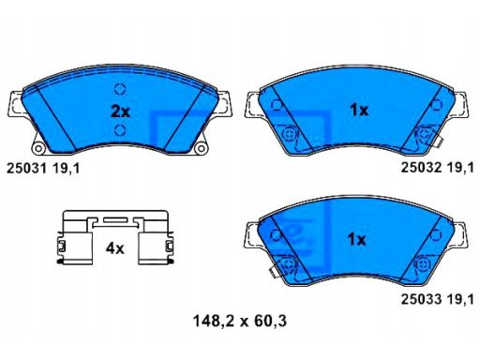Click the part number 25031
26,169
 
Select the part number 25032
421,168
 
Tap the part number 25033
421,299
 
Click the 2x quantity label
120,112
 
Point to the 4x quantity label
115,248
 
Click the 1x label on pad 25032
359,110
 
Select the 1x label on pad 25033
357,240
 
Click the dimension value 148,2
214,321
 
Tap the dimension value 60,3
270,321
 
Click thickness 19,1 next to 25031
66,169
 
